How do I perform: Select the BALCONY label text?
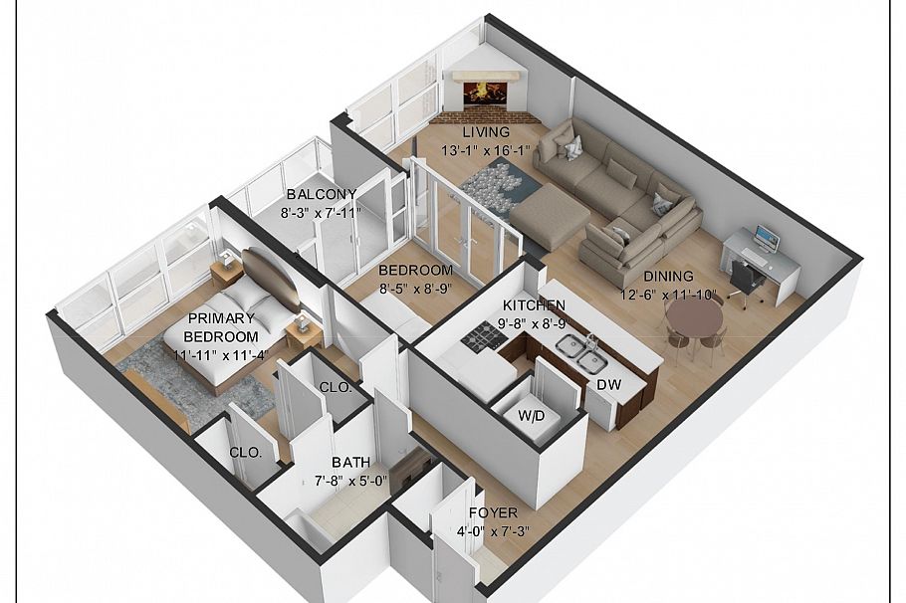click(x=322, y=194)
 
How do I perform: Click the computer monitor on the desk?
click(x=767, y=238)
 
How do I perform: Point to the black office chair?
click(x=747, y=279)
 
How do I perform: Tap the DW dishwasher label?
click(x=609, y=384)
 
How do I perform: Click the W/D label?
click(x=531, y=416)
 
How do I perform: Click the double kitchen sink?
click(x=580, y=353)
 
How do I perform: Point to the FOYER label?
click(x=494, y=512)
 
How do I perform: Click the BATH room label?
click(x=350, y=463)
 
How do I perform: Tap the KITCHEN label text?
click(x=534, y=304)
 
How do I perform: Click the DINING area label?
click(x=668, y=276)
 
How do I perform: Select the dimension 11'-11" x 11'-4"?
click(x=221, y=354)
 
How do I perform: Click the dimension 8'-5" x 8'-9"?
click(x=415, y=287)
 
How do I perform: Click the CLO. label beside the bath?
click(x=336, y=387)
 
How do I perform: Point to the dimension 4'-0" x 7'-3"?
click(x=494, y=530)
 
